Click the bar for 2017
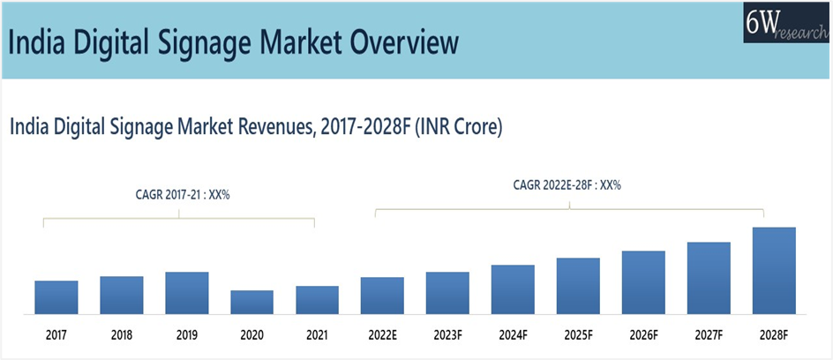click(x=56, y=296)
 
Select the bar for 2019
click(x=187, y=292)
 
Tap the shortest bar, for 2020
click(x=252, y=302)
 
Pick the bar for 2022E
click(x=382, y=295)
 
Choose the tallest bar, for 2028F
click(x=774, y=270)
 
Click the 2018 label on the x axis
click(x=122, y=335)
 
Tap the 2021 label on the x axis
click(x=318, y=335)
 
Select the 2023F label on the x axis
click(x=447, y=335)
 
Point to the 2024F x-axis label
click(x=513, y=335)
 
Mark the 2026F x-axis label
click(x=643, y=335)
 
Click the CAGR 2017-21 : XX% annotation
click(x=179, y=194)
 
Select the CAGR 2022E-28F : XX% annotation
click(x=567, y=185)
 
